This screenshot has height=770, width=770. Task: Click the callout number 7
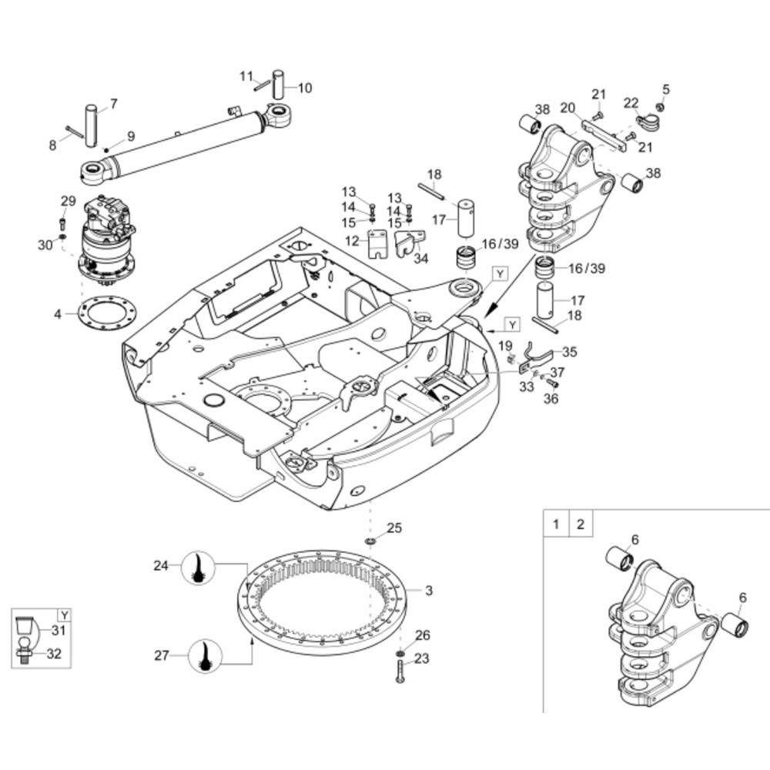[114, 104]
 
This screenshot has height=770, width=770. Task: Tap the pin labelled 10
[279, 85]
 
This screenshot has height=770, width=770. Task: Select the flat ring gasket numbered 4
[108, 313]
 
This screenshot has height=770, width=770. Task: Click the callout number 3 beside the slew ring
[429, 591]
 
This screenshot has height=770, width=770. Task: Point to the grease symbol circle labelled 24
[199, 567]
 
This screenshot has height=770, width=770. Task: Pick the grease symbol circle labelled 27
[206, 655]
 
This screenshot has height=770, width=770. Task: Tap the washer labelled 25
[370, 541]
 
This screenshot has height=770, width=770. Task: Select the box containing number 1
[556, 524]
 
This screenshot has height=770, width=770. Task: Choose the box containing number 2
[581, 524]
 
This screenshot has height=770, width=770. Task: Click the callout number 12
[352, 241]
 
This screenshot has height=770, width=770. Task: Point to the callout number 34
[421, 258]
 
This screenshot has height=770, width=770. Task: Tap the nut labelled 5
[661, 106]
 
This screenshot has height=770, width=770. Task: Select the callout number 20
[567, 108]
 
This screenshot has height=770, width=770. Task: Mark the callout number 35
[570, 352]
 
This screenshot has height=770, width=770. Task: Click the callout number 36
[551, 398]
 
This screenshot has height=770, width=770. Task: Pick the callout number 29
[69, 201]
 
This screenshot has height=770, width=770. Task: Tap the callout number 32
[54, 654]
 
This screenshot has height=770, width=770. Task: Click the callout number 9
[131, 136]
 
